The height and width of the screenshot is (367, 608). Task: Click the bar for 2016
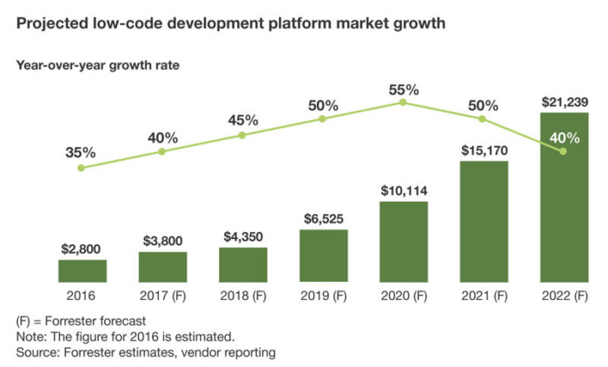pyautogui.click(x=83, y=270)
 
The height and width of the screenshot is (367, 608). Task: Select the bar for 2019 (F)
pyautogui.click(x=323, y=256)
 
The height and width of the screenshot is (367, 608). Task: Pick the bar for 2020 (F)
pyautogui.click(x=403, y=242)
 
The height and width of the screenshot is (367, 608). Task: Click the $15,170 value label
pyautogui.click(x=484, y=149)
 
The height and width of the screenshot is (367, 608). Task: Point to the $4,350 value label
pyautogui.click(x=242, y=236)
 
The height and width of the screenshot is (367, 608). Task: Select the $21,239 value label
pyautogui.click(x=564, y=102)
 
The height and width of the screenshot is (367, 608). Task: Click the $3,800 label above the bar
pyautogui.click(x=162, y=240)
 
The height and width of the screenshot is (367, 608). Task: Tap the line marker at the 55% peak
pyautogui.click(x=403, y=103)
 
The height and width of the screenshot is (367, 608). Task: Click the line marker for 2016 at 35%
pyautogui.click(x=82, y=167)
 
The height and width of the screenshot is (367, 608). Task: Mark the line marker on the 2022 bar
pyautogui.click(x=564, y=151)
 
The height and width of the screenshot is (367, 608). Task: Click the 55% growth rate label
pyautogui.click(x=403, y=89)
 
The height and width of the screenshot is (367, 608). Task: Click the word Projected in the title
pyautogui.click(x=50, y=23)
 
